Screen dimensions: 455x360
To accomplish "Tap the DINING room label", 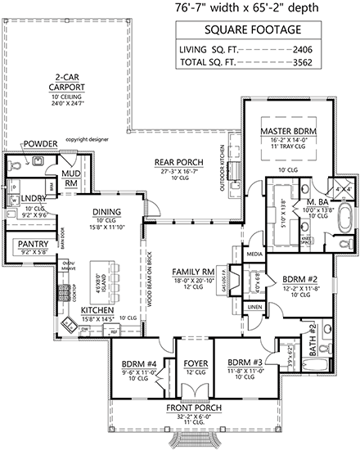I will (106, 212).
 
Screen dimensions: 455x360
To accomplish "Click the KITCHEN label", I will (97, 311).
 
